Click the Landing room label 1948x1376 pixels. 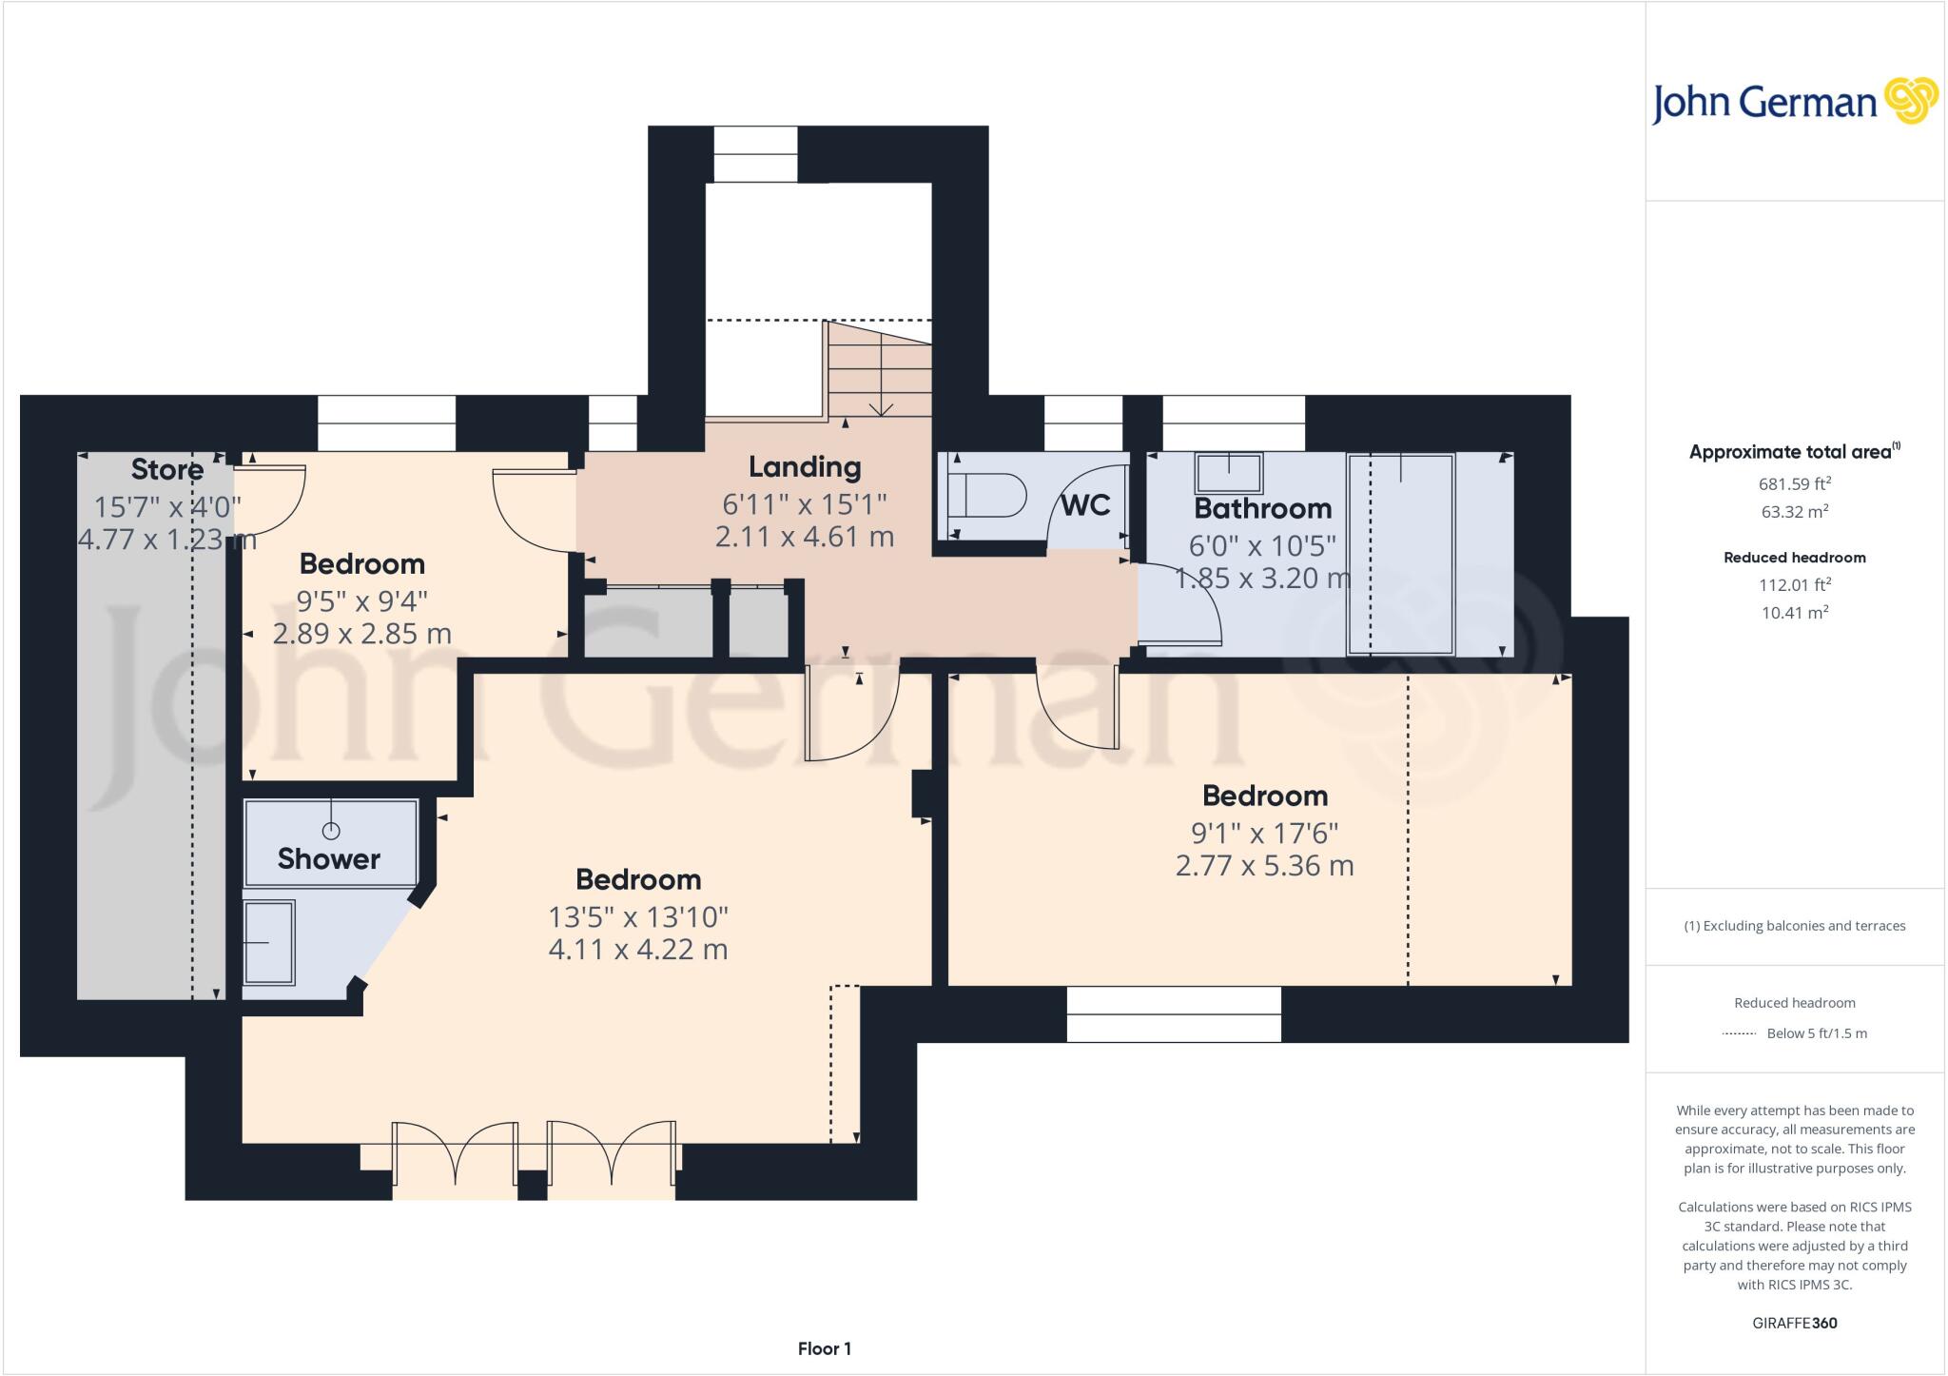[x=805, y=467]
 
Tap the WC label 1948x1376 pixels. [x=1085, y=505]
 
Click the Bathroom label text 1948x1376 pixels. [x=1262, y=508]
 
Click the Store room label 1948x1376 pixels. [x=167, y=469]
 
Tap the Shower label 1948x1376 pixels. [x=329, y=859]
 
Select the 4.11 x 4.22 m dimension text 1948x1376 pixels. [x=638, y=950]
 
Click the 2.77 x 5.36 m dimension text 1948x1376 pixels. [x=1264, y=866]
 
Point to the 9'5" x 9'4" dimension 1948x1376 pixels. [x=361, y=600]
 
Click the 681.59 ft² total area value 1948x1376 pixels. [x=1794, y=483]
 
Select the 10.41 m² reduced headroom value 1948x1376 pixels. [x=1794, y=613]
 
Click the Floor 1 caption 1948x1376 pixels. [x=825, y=1348]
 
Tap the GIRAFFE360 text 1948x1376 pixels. [x=1794, y=1323]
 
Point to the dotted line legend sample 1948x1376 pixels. [x=1739, y=1033]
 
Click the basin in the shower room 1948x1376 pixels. [x=269, y=942]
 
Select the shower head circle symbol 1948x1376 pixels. [x=331, y=831]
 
